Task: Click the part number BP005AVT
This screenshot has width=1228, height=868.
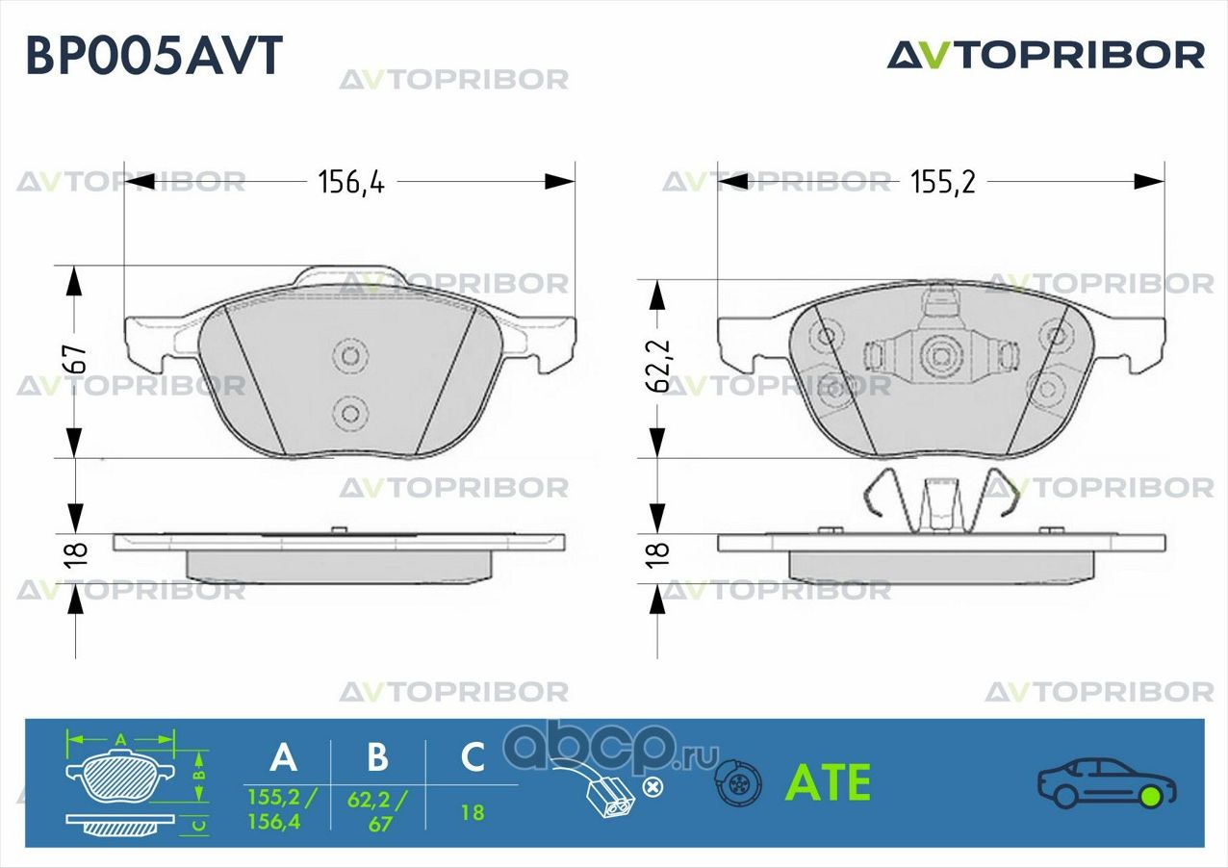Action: (x=154, y=56)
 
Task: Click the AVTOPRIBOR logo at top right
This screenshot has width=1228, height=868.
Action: (x=1045, y=55)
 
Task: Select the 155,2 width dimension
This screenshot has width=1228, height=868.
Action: (x=942, y=182)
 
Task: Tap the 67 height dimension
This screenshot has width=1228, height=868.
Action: (x=76, y=358)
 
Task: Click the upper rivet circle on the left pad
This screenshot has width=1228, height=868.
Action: (x=350, y=356)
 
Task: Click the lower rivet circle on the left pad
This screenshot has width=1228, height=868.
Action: (x=350, y=415)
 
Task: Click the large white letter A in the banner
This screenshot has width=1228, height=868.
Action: (x=283, y=758)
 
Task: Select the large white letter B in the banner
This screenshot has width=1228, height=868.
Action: (x=377, y=758)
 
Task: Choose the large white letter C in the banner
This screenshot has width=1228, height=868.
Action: (x=472, y=758)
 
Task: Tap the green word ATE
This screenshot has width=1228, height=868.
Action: (x=829, y=783)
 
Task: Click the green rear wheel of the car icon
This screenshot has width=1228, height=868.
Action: (x=1150, y=796)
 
